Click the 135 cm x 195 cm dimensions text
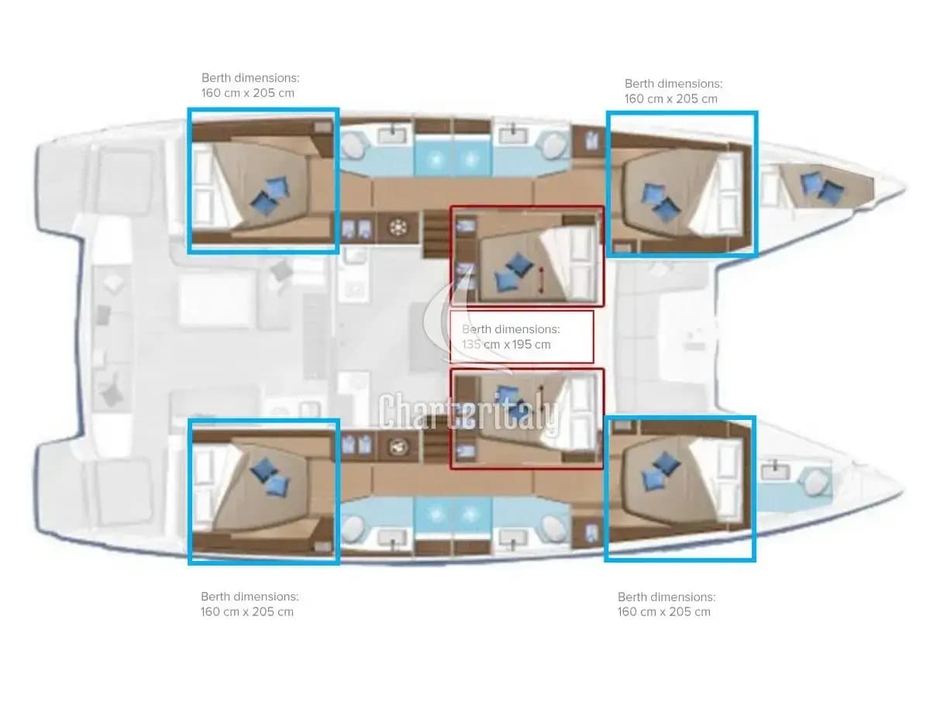tap(506, 344)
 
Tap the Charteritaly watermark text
tap(469, 412)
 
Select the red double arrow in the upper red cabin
tap(542, 280)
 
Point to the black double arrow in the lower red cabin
tap(541, 393)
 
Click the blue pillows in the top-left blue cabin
tap(270, 196)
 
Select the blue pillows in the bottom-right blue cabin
tap(661, 472)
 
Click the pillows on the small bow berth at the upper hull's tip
tap(822, 188)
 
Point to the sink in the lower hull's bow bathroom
tap(775, 471)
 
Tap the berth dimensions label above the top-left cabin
tap(250, 85)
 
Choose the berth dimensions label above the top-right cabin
tap(673, 91)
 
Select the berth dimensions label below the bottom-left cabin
tap(250, 604)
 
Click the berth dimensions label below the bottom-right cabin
tap(666, 604)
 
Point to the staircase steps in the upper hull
tap(436, 235)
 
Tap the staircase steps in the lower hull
tap(436, 446)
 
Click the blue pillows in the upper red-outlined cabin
tap(514, 272)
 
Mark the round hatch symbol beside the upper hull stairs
tap(398, 228)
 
